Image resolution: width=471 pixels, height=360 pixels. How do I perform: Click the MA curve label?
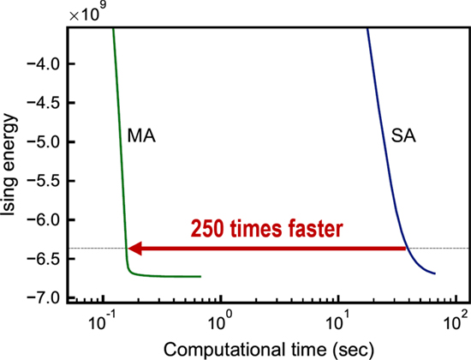[142, 135]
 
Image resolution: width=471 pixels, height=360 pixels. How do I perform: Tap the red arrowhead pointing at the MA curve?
[135, 249]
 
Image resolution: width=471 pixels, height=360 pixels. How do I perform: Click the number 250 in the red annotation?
[210, 230]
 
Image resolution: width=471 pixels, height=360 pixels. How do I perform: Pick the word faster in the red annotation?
[315, 230]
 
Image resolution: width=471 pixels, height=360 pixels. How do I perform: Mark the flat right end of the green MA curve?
[199, 276]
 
